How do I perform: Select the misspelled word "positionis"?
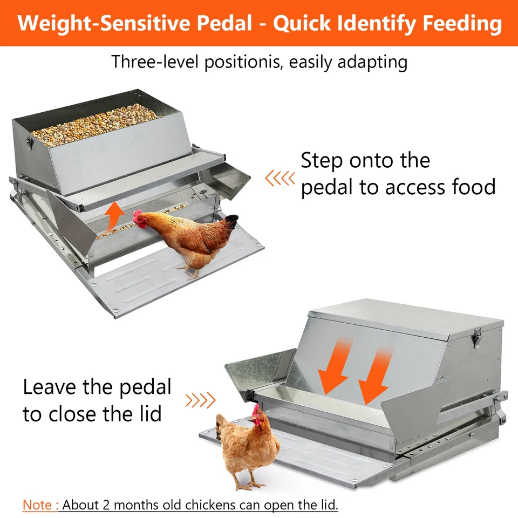click(243, 62)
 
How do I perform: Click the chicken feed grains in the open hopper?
click(94, 121)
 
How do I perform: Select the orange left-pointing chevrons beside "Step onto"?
click(280, 178)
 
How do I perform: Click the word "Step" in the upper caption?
click(322, 161)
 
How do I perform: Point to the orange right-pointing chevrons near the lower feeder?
click(200, 400)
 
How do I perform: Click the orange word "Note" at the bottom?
click(37, 505)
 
